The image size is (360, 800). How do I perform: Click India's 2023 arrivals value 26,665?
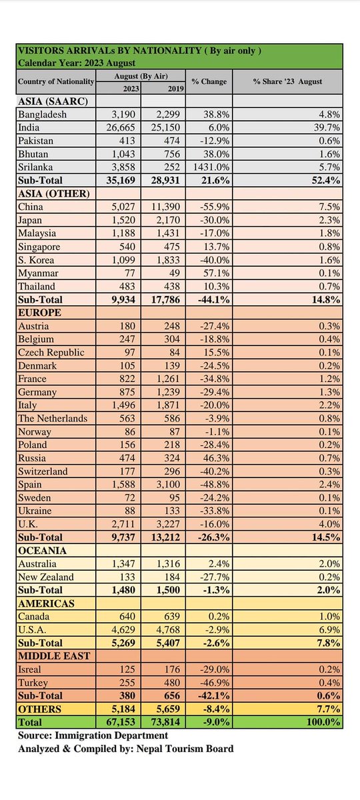coord(121,127)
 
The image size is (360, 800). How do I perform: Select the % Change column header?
coord(209,81)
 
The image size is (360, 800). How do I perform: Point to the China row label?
coord(31,207)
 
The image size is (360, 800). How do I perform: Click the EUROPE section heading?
coord(39,313)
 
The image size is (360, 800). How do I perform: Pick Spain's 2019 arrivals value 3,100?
coord(168,485)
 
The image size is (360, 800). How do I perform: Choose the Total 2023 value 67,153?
coord(121,722)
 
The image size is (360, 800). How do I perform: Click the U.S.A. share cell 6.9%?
coord(329,629)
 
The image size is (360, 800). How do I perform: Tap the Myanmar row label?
coord(38,273)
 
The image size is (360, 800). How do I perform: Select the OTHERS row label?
coord(39,709)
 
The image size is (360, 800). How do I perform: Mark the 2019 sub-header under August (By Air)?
coord(176,89)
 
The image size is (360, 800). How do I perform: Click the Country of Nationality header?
coord(56,81)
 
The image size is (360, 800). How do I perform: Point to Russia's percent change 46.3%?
coord(215,458)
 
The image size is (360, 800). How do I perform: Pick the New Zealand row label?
coord(46,577)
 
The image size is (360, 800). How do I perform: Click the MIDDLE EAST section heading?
coord(54,656)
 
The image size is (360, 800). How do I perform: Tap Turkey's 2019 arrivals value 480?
coord(172,683)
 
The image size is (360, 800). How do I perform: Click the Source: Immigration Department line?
coord(93,735)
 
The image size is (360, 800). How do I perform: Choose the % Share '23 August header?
coord(287,81)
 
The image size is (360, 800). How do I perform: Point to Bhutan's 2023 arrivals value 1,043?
coord(123,154)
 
